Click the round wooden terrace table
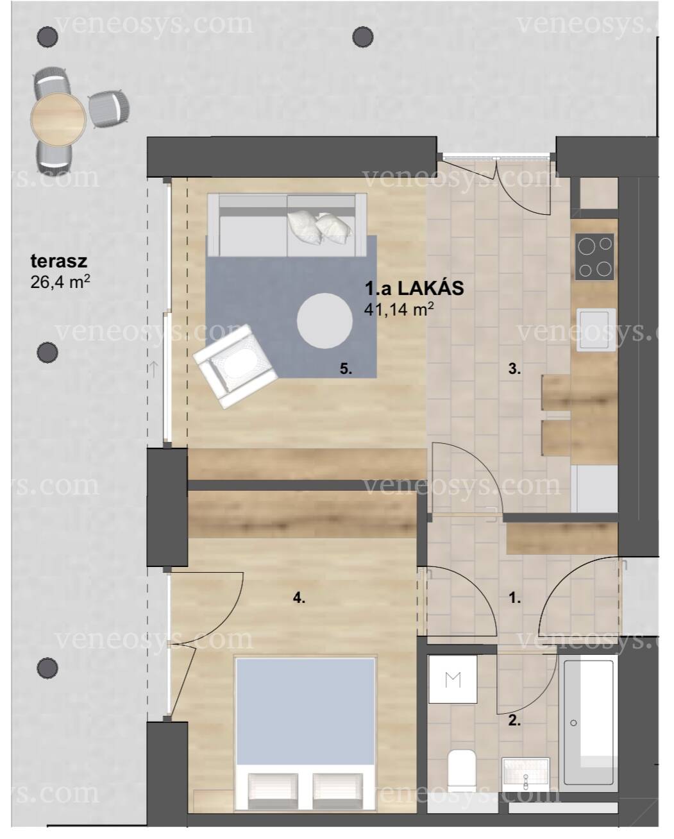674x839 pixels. pos(58,119)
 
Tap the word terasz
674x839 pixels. pos(59,262)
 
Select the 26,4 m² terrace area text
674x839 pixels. pos(60,281)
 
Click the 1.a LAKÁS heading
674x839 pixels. pos(414,288)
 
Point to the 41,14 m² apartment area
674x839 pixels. pos(399,309)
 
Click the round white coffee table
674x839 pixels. pos(324,321)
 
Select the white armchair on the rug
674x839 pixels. pos(235,366)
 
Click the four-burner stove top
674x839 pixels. pos(594,257)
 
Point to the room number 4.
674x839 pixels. pos(299,598)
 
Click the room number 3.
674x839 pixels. pos(514,369)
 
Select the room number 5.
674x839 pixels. pos(346,368)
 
